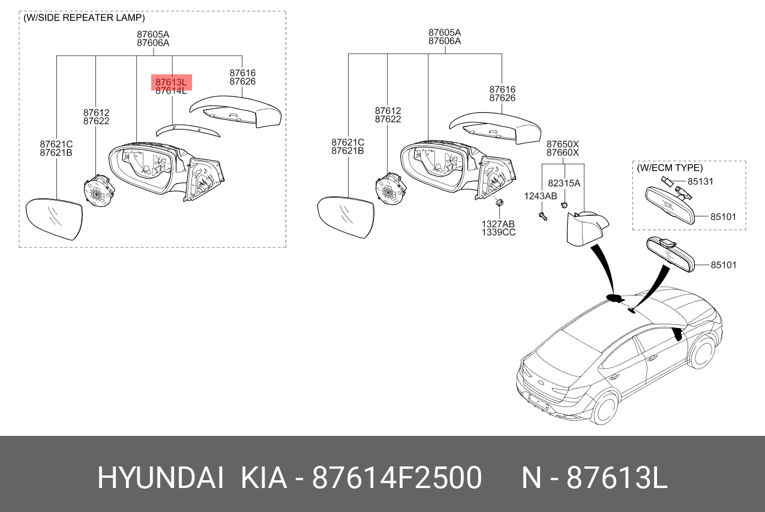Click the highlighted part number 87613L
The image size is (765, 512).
click(171, 82)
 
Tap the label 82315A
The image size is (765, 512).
click(564, 183)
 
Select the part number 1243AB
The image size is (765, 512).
click(541, 196)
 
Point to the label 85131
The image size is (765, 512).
click(700, 181)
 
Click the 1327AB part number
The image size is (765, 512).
click(499, 224)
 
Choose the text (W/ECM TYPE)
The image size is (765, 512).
click(670, 168)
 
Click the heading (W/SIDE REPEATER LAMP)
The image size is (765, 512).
click(84, 18)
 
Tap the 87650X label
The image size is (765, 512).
click(562, 144)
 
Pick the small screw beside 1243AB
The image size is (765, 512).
click(543, 216)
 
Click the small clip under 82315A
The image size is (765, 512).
click(564, 206)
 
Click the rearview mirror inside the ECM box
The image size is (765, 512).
click(670, 206)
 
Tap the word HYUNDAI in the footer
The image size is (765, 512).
click(161, 478)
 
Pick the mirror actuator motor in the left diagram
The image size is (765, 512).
click(98, 191)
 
